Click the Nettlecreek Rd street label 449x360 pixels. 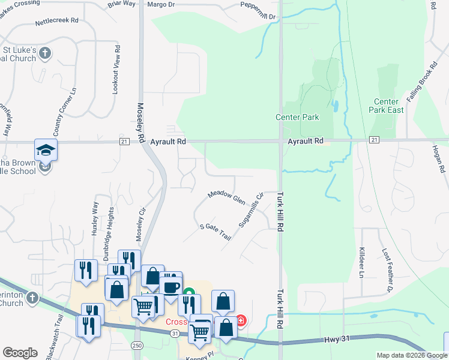coord(58,20)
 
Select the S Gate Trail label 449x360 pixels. coord(215,231)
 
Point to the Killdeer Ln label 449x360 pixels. coord(361,262)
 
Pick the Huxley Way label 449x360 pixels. coord(95,220)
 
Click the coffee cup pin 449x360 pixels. coord(170,286)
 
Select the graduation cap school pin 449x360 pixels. coord(46,150)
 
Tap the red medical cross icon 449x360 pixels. coord(241,321)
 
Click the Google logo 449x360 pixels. coord(20,353)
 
